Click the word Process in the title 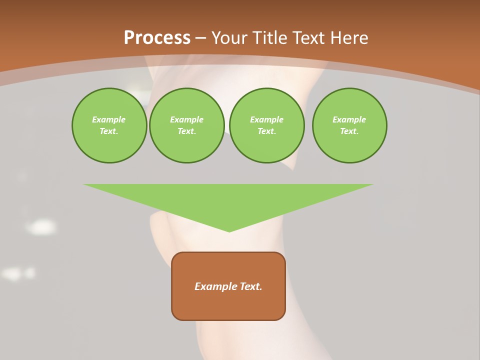point(157,38)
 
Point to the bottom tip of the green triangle point(229,231)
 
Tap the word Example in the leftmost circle point(109,119)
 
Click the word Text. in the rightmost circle point(349,131)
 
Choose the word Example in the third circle point(266,119)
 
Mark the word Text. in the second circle point(186,131)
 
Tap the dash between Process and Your point(200,38)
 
